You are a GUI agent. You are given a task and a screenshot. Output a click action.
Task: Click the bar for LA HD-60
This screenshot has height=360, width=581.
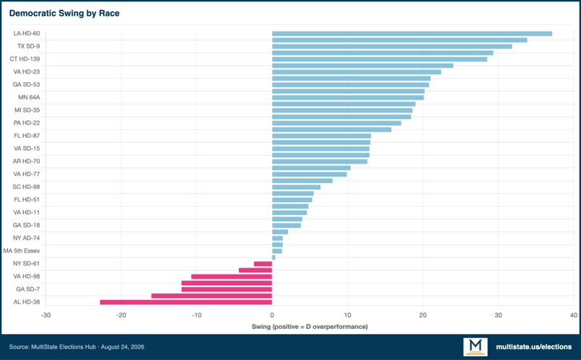coord(412,34)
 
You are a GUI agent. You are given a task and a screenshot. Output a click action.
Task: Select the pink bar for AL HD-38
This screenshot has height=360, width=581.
coord(186,302)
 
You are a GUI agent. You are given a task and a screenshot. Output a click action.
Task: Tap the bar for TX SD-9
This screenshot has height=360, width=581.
coord(392,46)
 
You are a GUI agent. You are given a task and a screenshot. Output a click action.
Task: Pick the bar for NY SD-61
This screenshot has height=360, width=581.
coord(263,264)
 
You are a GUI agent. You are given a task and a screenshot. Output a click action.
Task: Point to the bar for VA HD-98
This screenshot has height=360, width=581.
coord(232,276)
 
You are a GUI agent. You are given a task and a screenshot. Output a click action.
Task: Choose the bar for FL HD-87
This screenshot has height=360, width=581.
coord(322,136)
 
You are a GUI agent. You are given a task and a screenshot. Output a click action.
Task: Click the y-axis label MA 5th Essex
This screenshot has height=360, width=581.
coord(22,251)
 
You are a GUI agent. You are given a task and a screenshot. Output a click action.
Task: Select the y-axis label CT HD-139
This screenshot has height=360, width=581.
coord(25,59)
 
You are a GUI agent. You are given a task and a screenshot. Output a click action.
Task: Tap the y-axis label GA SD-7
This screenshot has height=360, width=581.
coord(28,289)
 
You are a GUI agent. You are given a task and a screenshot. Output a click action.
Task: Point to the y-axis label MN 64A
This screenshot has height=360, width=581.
coord(29,97)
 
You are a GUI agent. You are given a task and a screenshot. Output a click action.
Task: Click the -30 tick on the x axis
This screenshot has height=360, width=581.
coord(45,315)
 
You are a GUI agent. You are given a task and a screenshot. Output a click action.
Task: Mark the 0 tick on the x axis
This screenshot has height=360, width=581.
coord(272,315)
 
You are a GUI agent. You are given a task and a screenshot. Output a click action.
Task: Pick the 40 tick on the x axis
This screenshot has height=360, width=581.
coord(574,315)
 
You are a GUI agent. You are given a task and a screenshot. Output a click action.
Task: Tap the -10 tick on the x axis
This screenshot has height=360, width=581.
coord(196,315)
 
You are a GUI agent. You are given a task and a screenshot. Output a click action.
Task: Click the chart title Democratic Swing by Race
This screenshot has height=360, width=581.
coord(64,13)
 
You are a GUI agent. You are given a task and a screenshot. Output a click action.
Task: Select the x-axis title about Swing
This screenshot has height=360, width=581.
coord(310,327)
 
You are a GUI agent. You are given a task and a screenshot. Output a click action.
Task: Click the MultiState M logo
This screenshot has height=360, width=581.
coord(476,347)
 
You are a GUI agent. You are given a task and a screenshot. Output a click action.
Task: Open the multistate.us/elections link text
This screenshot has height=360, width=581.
coord(534,347)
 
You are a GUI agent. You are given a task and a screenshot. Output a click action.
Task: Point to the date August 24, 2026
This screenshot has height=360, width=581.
coord(123,347)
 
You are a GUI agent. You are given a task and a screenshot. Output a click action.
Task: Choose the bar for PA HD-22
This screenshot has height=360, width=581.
coord(337,123)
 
